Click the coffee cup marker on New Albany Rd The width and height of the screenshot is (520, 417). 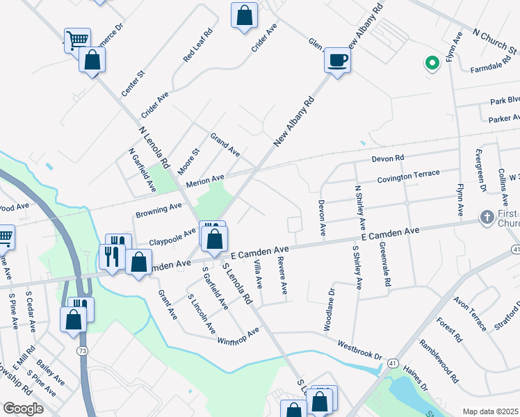337,60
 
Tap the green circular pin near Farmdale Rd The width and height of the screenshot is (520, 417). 432,64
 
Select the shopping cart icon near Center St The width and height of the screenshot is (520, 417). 76,40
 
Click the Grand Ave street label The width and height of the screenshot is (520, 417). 225,145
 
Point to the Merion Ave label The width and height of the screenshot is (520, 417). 205,182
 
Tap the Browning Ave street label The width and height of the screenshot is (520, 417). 159,208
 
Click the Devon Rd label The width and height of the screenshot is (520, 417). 387,159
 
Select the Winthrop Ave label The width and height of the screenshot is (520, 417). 237,332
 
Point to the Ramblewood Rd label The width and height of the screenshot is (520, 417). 439,361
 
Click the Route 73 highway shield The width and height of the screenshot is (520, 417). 83,352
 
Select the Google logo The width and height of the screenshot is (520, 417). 23,409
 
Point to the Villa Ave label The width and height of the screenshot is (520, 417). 258,274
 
